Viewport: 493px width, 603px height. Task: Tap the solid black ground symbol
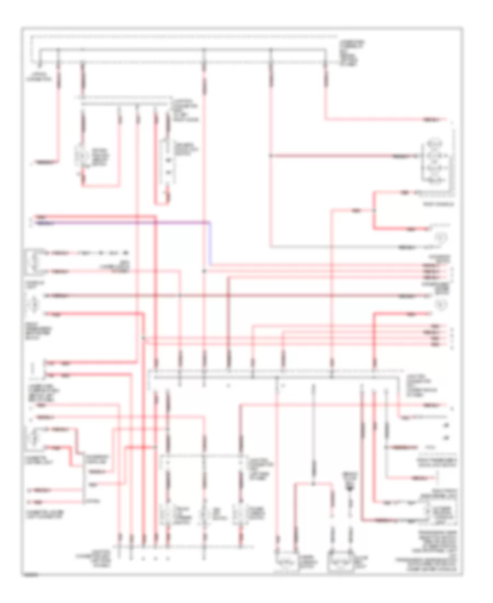(348, 486)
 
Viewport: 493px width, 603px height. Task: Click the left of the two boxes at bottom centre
(285, 561)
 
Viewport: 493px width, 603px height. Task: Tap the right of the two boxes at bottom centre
(338, 561)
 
